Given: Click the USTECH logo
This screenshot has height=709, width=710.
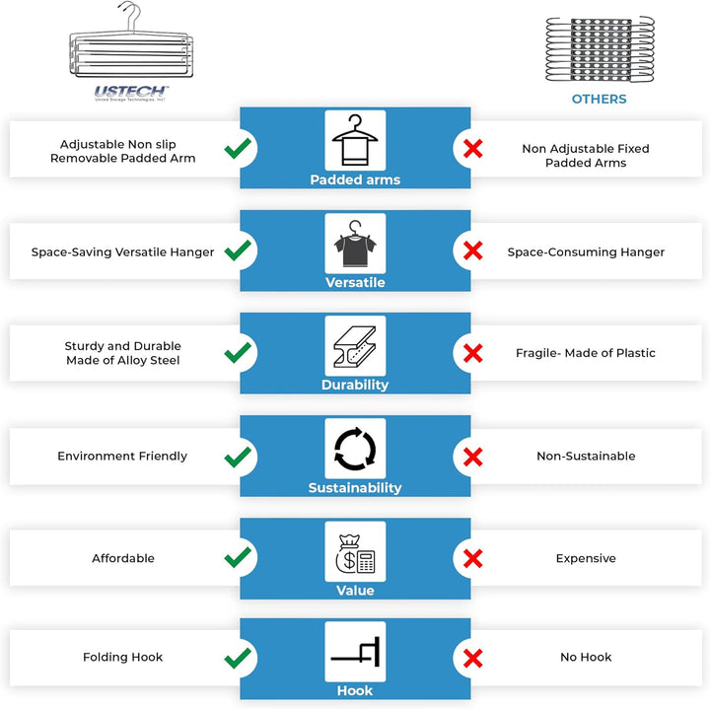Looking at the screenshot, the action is point(131,93).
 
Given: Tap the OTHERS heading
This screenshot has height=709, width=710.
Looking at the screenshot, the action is point(600,100).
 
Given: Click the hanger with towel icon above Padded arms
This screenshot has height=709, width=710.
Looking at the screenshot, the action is point(355,140).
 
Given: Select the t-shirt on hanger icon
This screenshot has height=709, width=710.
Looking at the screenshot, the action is point(355,244).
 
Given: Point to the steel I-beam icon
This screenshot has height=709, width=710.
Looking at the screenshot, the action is point(355,346).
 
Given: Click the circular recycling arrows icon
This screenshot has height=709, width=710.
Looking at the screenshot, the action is point(355,449).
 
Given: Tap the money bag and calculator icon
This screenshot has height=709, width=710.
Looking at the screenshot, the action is point(355,553).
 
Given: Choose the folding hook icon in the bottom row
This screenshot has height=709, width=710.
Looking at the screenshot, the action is point(355,652).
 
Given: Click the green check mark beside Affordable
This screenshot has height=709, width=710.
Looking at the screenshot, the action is point(238,557).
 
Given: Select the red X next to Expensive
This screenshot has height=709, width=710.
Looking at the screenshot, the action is point(472,558).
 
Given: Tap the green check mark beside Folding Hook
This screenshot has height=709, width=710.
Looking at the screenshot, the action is point(238,658).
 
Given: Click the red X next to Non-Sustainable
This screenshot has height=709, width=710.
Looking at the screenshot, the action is point(472,457).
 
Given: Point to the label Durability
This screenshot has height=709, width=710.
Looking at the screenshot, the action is point(355,385).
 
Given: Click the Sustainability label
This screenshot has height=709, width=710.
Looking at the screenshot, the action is point(355,487).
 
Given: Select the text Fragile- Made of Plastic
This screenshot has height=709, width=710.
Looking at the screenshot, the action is point(586,353).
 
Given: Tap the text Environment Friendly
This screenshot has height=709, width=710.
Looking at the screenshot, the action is point(122,456).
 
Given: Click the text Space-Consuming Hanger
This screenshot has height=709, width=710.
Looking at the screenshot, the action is point(586,252).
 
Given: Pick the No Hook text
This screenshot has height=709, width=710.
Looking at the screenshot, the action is point(586,657).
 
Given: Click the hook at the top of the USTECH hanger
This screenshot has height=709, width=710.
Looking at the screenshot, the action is point(130,17).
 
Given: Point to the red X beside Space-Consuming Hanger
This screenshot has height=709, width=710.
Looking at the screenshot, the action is point(472,250).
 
